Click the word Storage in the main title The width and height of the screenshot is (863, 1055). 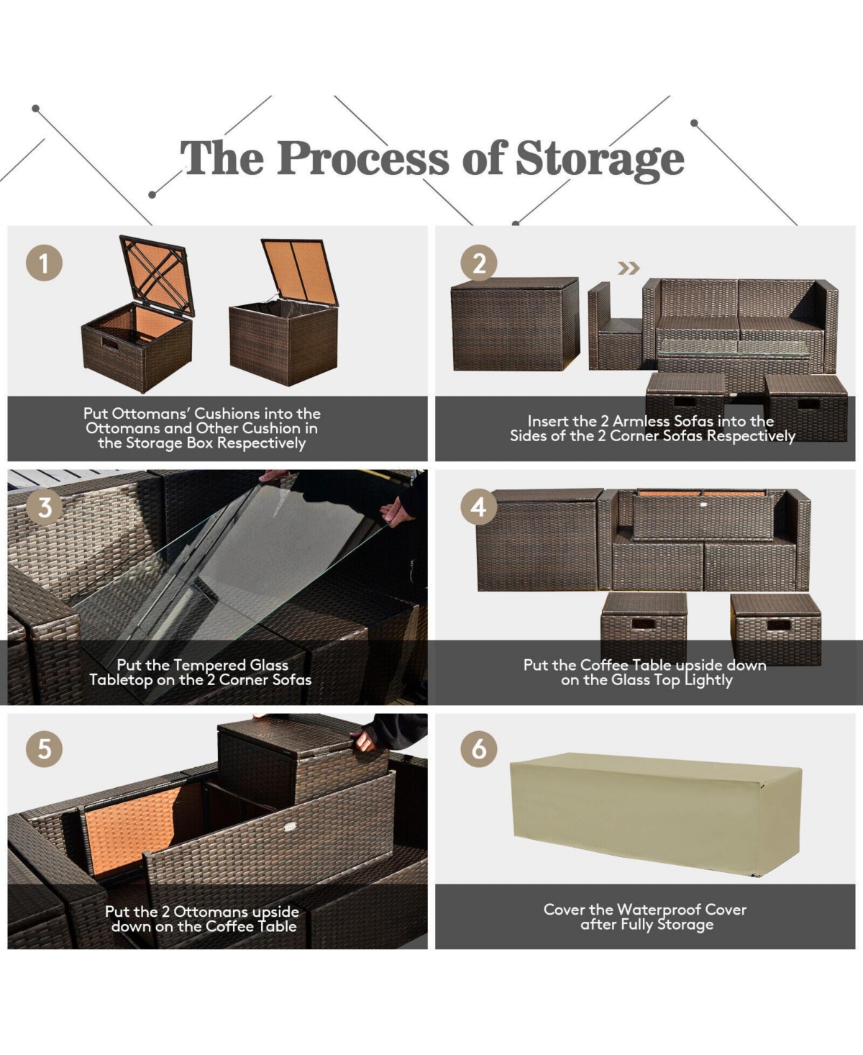(600, 158)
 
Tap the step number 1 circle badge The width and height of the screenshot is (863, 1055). (44, 263)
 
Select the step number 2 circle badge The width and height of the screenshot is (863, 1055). (478, 263)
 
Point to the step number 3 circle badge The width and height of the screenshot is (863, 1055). (44, 507)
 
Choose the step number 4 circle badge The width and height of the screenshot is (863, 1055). (478, 507)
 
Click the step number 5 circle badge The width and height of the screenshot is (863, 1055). (44, 748)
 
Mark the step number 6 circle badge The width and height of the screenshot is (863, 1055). (478, 748)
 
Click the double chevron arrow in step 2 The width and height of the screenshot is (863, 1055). (629, 268)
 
